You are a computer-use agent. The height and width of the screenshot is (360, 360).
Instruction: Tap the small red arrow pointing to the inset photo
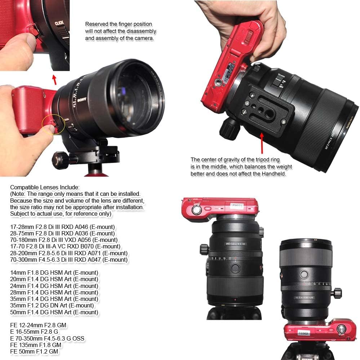[x=54, y=79]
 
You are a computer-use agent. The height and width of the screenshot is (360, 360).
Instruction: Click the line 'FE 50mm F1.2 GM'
[x=34, y=351]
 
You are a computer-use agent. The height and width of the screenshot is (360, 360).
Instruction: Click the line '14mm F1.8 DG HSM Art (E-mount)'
[x=54, y=273]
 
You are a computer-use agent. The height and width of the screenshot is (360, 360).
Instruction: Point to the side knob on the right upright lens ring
[x=338, y=293]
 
